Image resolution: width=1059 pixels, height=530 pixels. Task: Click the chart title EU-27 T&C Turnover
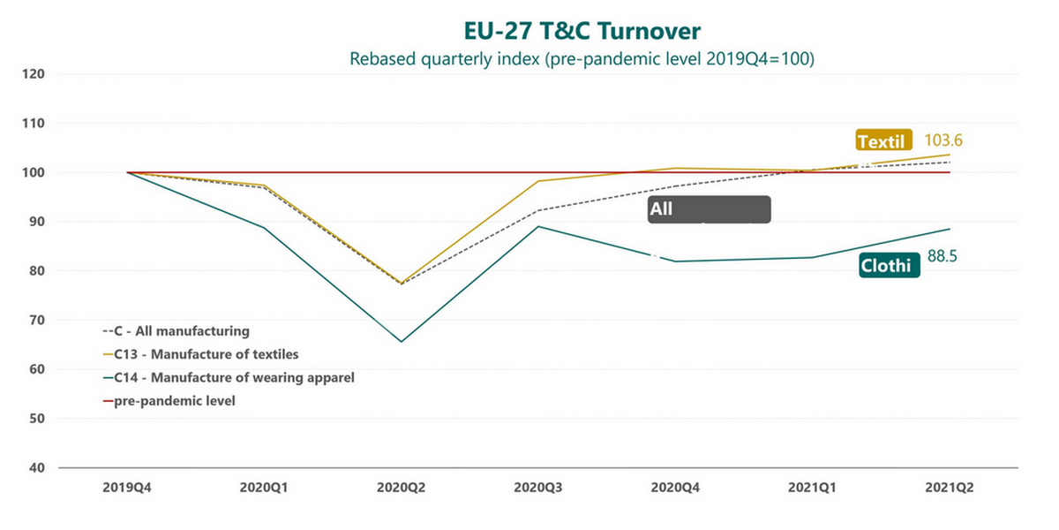click(x=582, y=31)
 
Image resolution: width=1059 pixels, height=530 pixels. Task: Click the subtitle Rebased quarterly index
click(x=582, y=59)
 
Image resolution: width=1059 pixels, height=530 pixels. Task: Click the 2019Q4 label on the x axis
click(x=128, y=487)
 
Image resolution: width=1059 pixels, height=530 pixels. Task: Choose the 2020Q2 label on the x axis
click(x=402, y=487)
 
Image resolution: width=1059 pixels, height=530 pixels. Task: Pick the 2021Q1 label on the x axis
click(x=813, y=487)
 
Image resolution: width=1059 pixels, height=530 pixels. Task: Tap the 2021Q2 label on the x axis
click(x=950, y=487)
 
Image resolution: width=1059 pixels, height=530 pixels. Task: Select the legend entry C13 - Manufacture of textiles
click(x=206, y=355)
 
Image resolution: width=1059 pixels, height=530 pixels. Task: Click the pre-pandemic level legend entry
click(x=174, y=401)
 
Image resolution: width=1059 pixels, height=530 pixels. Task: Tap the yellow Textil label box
click(x=884, y=140)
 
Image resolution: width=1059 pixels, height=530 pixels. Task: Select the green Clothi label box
click(x=890, y=265)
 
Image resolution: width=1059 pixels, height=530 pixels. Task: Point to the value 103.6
click(x=943, y=140)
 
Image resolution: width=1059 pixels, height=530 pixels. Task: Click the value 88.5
click(x=943, y=256)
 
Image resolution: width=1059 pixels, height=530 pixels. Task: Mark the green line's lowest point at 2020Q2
click(x=402, y=342)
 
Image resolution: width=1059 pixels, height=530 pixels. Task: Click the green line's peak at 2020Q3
click(x=538, y=226)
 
